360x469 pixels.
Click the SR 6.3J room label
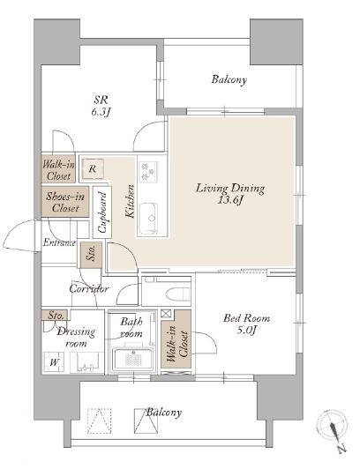tap(101, 106)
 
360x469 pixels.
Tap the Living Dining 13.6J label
tap(230, 194)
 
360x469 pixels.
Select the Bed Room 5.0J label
tap(246, 324)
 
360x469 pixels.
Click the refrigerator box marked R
tap(93, 169)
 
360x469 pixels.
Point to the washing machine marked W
tap(54, 362)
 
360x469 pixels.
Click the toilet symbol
tap(177, 294)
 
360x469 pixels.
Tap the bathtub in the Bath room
tap(132, 359)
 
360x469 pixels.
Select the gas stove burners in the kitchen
tap(147, 171)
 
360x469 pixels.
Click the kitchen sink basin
tap(148, 219)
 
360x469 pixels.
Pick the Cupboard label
tap(102, 212)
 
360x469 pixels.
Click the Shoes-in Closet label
tap(65, 202)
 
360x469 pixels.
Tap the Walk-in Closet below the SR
tap(58, 169)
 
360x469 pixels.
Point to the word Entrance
tap(59, 242)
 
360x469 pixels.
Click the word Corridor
tap(88, 289)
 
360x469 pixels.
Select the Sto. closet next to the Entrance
tap(91, 255)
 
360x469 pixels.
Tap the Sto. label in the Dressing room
tap(56, 316)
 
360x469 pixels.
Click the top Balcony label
tap(229, 79)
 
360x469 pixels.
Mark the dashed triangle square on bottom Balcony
tap(100, 421)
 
